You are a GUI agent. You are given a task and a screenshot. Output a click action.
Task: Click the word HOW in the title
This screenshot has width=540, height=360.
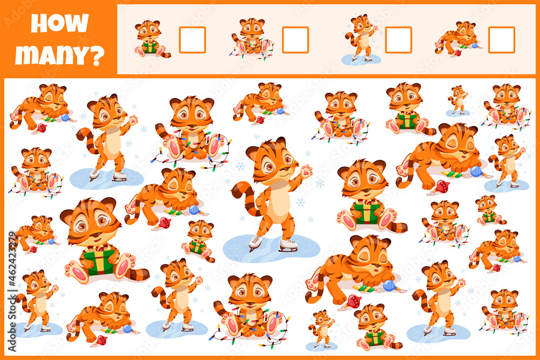[60, 23]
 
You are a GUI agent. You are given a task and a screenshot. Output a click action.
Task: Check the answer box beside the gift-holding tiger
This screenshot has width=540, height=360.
[192, 40]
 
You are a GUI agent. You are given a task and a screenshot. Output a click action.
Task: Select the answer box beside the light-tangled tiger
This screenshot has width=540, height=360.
[295, 40]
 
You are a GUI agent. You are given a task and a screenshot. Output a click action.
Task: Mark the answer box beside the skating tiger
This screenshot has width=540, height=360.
[399, 40]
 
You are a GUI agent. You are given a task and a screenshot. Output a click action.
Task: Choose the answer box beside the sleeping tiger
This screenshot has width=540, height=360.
[502, 40]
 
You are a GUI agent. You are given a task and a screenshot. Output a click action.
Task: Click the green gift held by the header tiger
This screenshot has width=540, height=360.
[150, 47]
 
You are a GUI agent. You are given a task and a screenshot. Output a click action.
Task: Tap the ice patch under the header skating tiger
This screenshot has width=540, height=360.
[361, 59]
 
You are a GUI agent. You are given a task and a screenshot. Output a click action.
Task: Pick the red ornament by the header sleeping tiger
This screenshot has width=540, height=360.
[458, 53]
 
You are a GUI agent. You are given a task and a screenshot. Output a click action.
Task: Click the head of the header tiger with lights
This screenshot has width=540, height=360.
[252, 27]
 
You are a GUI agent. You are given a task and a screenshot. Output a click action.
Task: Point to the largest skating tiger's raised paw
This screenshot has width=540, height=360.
[306, 171]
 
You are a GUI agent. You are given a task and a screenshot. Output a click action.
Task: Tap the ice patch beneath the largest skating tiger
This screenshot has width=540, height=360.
[272, 248]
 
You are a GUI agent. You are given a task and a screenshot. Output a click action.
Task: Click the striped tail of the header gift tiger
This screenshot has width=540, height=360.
[165, 54]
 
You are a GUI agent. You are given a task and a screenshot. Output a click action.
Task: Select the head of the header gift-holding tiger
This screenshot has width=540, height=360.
[148, 30]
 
